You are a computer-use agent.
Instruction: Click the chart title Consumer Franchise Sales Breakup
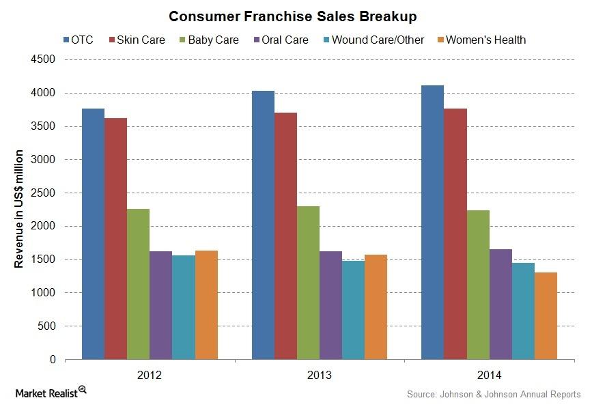[296, 15]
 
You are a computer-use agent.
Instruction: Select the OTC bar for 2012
[93, 234]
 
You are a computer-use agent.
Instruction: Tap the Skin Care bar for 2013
[285, 236]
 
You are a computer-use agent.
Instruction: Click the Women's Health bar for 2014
[546, 315]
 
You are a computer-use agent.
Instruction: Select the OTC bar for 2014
[432, 222]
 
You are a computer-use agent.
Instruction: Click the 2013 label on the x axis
[319, 375]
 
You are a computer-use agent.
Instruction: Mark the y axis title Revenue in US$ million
[19, 209]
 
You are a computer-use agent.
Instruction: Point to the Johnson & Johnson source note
[493, 394]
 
